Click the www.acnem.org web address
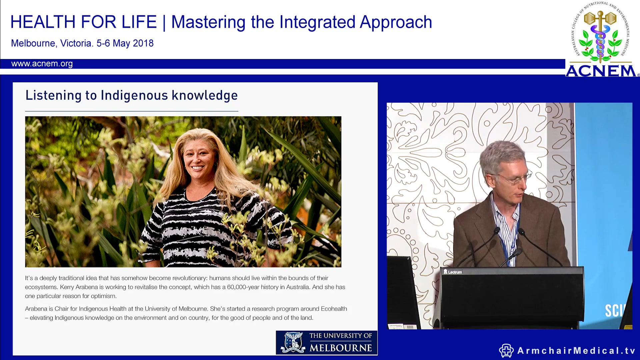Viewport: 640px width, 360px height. click(42, 64)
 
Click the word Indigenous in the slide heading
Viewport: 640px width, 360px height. click(134, 95)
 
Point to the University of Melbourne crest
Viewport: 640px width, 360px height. click(293, 342)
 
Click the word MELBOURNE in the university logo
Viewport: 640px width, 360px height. click(340, 348)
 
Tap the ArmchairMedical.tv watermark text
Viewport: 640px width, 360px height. click(576, 351)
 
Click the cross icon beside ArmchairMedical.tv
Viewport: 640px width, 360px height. click(506, 351)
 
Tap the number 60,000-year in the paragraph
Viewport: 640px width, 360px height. click(243, 287)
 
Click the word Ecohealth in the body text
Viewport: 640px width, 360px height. click(334, 309)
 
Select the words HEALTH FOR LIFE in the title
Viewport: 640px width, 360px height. click(83, 22)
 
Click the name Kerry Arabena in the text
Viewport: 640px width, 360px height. click(79, 287)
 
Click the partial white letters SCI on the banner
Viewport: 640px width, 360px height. click(613, 311)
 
